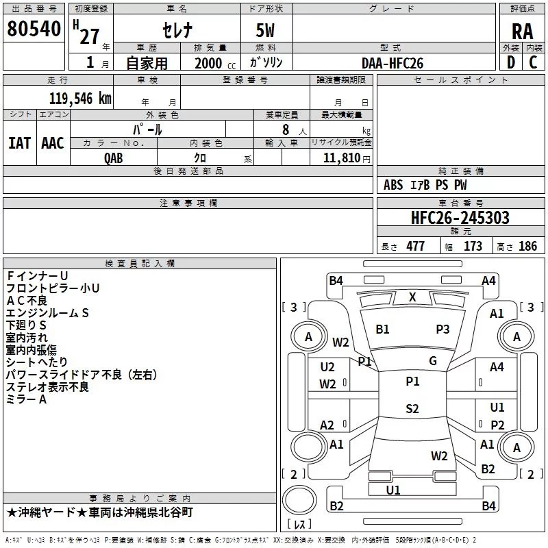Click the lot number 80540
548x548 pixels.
pos(34,29)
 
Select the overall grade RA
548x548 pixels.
pos(522,32)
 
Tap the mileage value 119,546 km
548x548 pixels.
pos(80,99)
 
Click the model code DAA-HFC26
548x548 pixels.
pos(393,63)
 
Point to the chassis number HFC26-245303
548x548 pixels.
pos(460,218)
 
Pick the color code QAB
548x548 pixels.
pos(114,158)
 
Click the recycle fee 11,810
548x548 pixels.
pos(341,158)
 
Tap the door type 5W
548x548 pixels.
pos(265,30)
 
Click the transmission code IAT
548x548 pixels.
pos(20,143)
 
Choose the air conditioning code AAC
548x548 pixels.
pos(53,143)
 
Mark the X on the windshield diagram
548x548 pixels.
pos(412,297)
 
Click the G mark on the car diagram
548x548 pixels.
pos(433,361)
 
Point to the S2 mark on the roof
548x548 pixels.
pos(412,408)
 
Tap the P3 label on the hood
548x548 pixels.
pos(443,329)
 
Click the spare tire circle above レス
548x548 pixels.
pos(299,500)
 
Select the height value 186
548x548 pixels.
pos(527,246)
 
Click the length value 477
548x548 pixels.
pos(416,246)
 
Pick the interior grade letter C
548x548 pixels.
pos(533,62)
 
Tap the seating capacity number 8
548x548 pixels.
pos(286,129)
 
